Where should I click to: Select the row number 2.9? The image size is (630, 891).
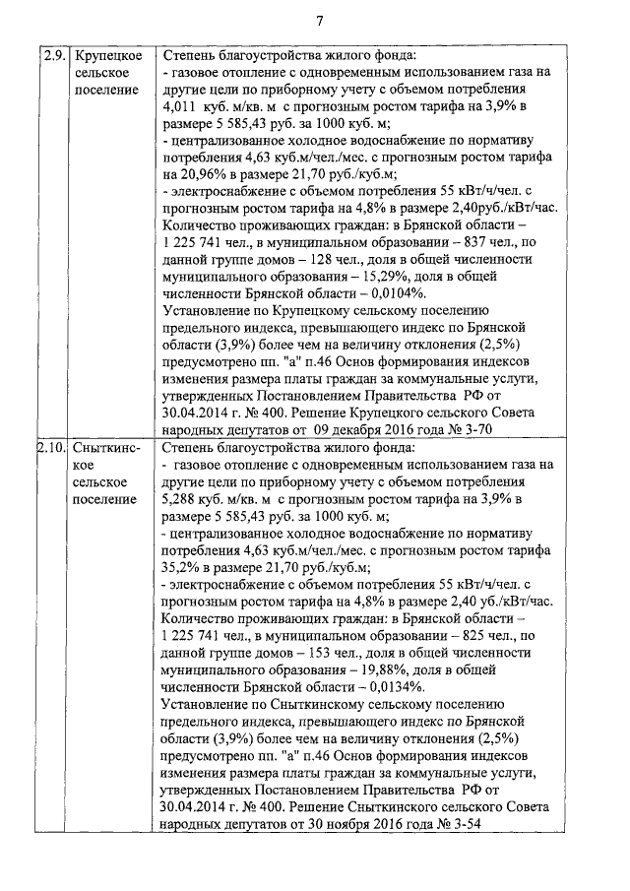click(52, 55)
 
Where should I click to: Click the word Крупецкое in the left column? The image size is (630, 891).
click(110, 55)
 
